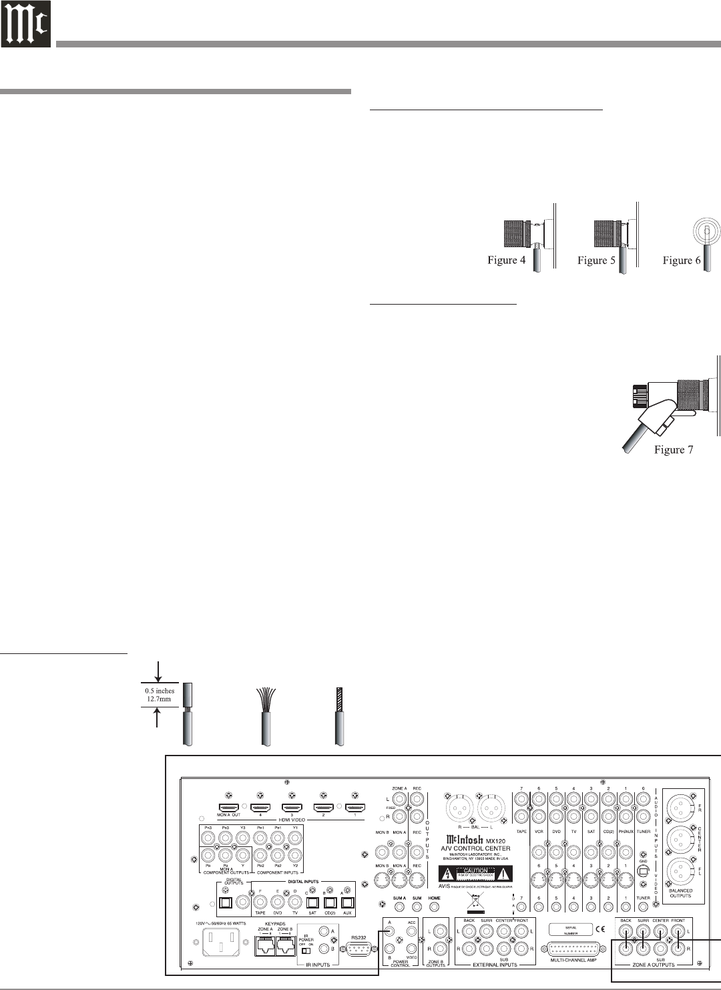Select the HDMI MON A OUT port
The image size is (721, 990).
[229, 810]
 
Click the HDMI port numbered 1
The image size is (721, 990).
[354, 810]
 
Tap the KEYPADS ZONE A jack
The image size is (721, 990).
[265, 944]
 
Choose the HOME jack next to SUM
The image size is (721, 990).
[435, 907]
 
